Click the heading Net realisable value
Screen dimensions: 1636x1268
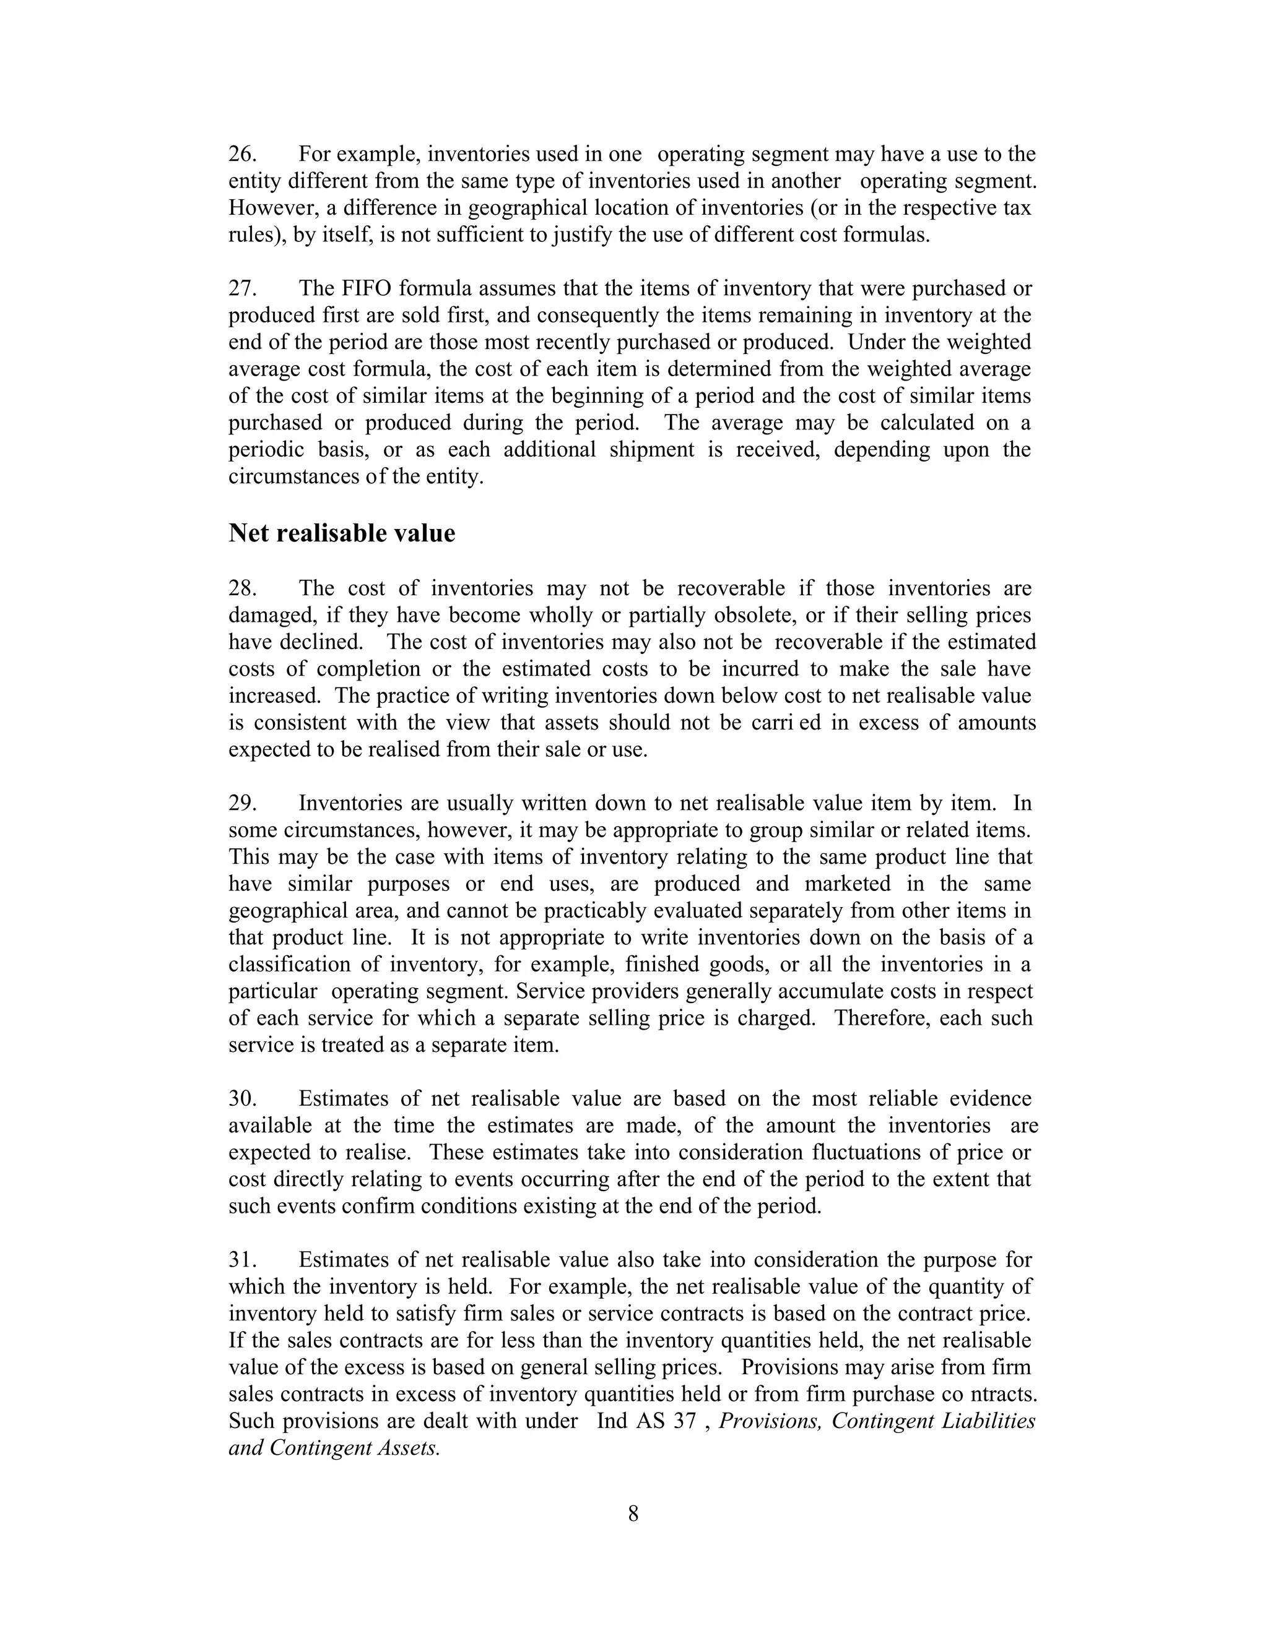click(342, 533)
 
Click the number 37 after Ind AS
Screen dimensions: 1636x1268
click(684, 1421)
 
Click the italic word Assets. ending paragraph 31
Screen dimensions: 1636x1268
click(409, 1448)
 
